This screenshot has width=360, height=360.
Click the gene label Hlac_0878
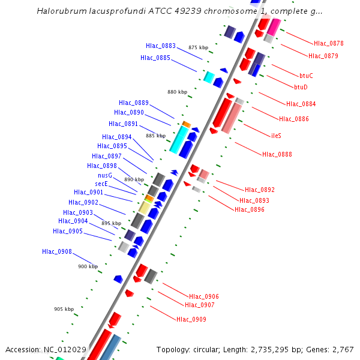pos(328,43)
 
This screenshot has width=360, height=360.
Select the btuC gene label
pos(306,76)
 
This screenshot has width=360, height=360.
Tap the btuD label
pos(301,87)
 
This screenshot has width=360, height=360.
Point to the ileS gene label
pos(277,136)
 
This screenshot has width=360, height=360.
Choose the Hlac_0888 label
pos(277,155)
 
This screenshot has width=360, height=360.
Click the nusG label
pos(105,175)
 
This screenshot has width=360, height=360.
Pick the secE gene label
pos(101,184)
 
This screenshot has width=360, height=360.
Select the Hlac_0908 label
pos(57,251)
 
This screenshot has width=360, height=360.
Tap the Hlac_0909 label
pos(191,319)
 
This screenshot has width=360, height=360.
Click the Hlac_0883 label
pos(161,46)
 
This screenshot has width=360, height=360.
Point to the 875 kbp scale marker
pos(198,47)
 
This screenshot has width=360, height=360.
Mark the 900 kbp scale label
pos(88,266)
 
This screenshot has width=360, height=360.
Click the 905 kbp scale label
pos(64,310)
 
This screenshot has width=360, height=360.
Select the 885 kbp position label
pos(155,136)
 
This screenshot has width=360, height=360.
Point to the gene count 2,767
pos(341,349)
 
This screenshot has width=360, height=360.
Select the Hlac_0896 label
pos(249,209)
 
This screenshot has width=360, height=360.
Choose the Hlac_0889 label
pos(134,103)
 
